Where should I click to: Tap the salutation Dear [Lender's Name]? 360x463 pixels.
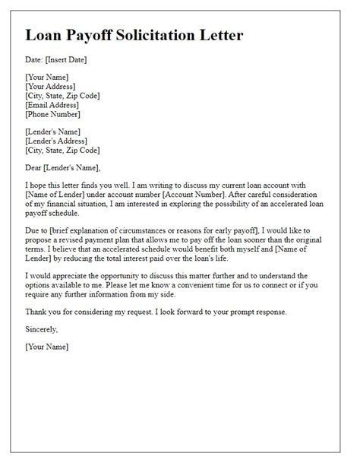[x=62, y=168]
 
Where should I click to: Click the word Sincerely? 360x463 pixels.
[x=41, y=331]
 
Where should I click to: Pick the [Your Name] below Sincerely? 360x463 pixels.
[x=46, y=347]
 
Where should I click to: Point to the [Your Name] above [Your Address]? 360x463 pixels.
[x=46, y=78]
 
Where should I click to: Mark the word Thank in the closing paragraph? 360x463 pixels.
[x=37, y=312]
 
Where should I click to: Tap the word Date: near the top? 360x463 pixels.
[x=35, y=59]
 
